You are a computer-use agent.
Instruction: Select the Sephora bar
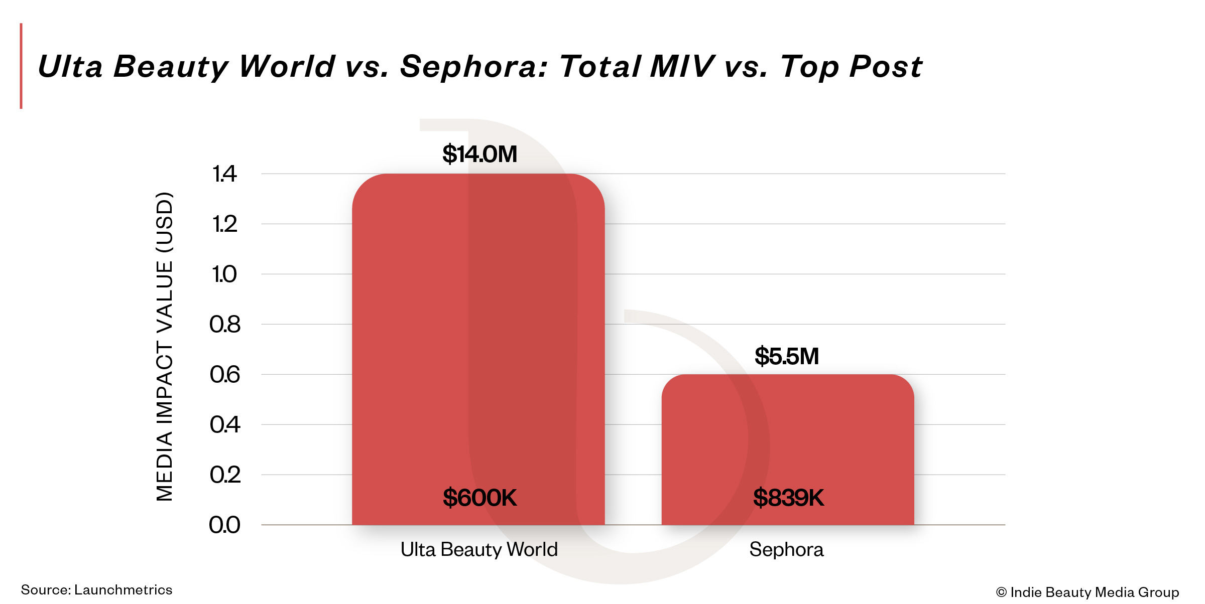787,441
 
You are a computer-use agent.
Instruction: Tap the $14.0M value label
479,154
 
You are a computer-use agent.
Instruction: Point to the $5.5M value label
786,356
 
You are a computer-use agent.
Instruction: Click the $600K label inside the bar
479,498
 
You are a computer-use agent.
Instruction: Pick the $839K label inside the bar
788,498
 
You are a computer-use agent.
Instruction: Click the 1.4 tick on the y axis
224,174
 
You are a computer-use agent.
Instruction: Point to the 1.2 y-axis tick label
224,224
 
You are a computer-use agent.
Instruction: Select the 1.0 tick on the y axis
224,274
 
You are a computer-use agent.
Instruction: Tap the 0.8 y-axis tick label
224,325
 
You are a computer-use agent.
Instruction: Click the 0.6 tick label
224,375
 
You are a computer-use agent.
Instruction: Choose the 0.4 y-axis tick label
224,425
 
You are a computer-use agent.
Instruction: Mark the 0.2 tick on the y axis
224,475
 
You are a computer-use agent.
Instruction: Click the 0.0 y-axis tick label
224,525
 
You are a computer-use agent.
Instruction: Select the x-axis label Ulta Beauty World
479,550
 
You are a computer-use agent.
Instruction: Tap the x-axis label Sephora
786,550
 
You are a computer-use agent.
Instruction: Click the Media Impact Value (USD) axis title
165,346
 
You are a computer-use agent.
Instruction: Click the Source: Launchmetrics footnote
96,590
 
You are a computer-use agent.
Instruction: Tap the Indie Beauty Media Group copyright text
1088,592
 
